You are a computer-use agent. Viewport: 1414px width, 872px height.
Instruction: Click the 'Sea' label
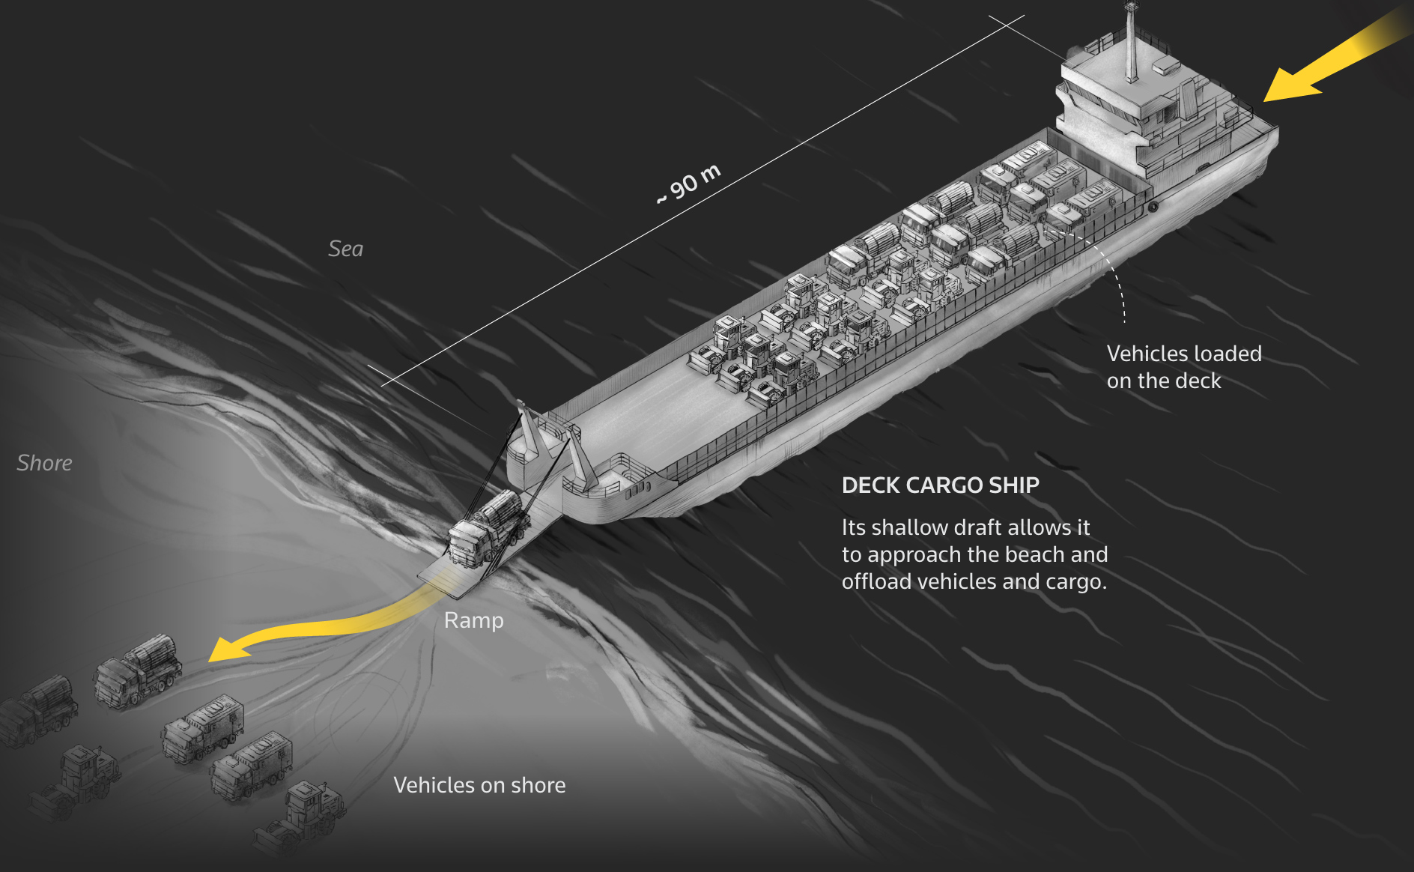(x=345, y=249)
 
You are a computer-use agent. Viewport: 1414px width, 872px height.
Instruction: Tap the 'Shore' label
(x=44, y=463)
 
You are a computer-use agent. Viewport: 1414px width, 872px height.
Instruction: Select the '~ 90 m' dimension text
(x=688, y=184)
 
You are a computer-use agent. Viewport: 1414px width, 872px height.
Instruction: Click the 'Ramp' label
(x=473, y=620)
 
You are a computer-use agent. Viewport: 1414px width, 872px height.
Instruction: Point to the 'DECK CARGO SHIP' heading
(x=940, y=485)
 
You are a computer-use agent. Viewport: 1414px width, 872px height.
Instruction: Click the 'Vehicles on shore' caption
(x=479, y=785)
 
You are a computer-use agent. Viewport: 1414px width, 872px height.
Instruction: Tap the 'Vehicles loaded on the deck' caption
(x=1183, y=367)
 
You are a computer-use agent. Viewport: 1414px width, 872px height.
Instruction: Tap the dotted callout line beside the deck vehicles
(x=1116, y=277)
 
